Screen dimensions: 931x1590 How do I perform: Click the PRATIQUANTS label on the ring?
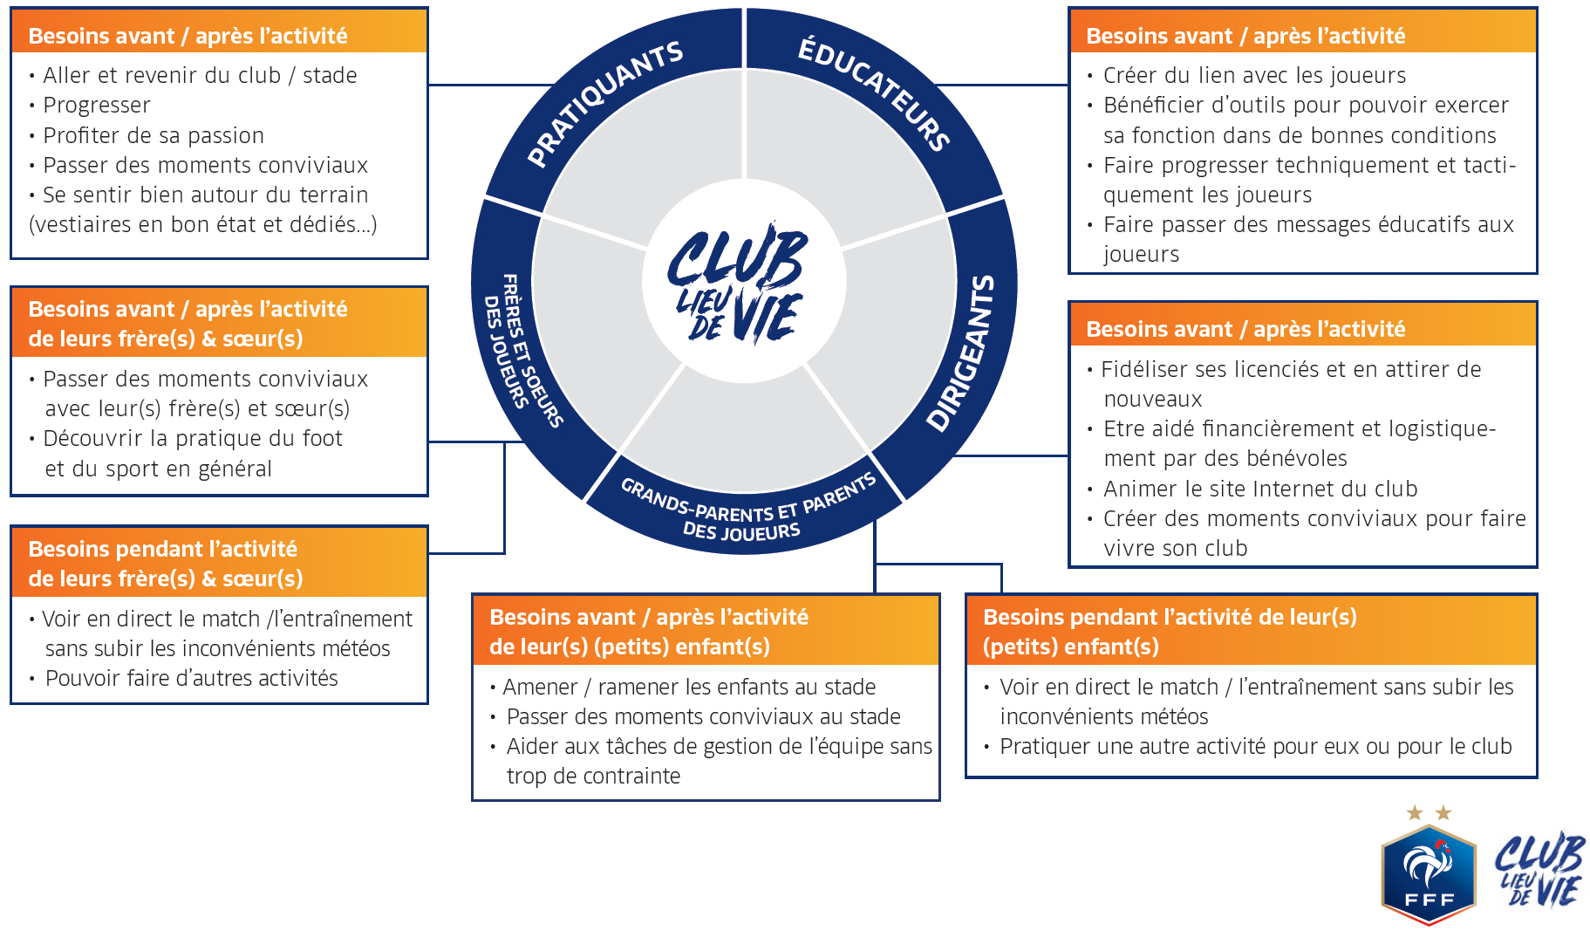(x=605, y=103)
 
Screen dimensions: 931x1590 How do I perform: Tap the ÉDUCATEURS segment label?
(x=874, y=92)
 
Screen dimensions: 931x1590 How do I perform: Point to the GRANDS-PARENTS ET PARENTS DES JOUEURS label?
(x=746, y=510)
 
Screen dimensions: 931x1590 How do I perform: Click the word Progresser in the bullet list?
(x=97, y=106)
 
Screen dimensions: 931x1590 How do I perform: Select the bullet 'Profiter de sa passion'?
(x=154, y=135)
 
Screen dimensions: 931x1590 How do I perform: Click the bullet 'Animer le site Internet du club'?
(x=1260, y=489)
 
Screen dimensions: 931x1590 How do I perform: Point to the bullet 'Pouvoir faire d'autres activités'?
(x=191, y=678)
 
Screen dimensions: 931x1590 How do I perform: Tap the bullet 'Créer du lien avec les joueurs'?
(x=1254, y=76)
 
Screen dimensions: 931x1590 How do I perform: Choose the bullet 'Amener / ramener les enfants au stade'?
(x=689, y=687)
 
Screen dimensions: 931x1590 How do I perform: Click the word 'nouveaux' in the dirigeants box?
(x=1152, y=399)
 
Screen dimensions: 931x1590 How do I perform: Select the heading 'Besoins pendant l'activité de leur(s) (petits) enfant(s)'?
(x=1169, y=631)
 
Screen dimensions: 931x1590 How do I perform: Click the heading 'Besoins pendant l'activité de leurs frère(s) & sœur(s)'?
(x=166, y=563)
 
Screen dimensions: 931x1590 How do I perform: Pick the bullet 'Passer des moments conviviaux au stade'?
(x=703, y=716)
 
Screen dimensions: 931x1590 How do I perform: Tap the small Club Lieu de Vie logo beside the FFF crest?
(x=1539, y=870)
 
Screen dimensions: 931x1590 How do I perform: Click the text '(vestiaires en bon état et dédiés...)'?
(x=202, y=224)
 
